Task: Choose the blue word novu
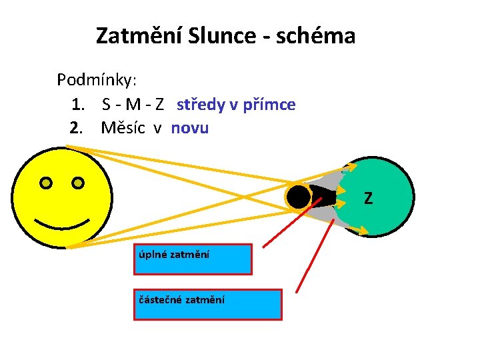[190, 128]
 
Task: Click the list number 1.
[77, 105]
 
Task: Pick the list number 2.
[77, 128]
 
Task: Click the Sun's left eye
[45, 182]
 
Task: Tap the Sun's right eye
[78, 182]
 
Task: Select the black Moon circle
[298, 197]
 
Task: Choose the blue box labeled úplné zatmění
[193, 259]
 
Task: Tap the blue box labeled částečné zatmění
[207, 304]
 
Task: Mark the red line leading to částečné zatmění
[315, 253]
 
